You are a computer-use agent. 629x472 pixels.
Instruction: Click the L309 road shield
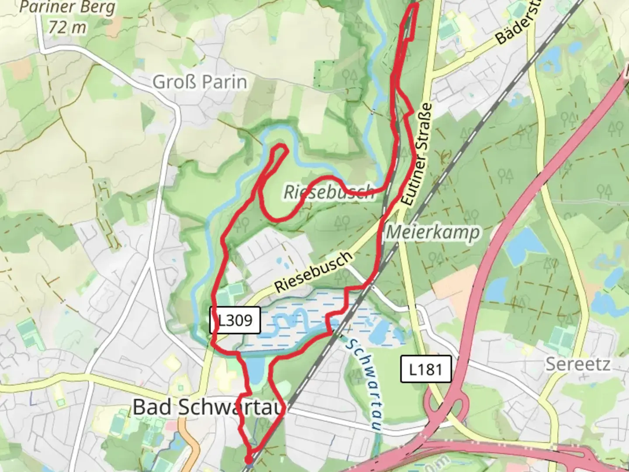(235, 320)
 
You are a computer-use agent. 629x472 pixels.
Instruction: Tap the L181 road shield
(426, 370)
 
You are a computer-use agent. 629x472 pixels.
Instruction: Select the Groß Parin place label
(200, 82)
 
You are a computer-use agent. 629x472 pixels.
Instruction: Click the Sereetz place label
(577, 364)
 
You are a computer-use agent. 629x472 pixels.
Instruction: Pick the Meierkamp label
(432, 233)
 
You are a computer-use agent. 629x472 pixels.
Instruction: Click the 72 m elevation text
(67, 27)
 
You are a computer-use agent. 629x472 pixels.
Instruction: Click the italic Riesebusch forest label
(328, 192)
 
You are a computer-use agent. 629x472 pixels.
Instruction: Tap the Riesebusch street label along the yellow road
(313, 272)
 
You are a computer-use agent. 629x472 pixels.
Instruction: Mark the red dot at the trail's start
(249, 460)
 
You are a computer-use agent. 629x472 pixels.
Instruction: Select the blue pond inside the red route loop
(256, 370)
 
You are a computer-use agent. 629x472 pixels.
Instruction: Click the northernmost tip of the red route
(414, 3)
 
